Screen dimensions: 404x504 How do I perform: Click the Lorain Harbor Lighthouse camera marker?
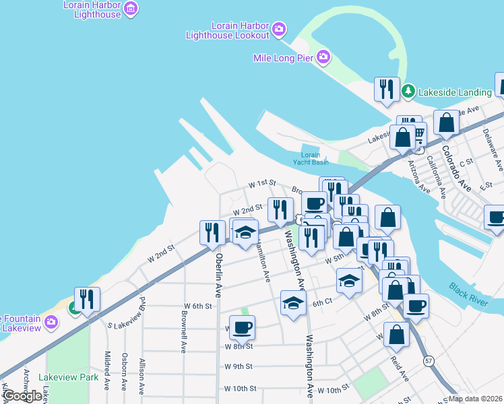[131, 9]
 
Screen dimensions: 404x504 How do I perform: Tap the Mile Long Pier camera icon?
[323, 57]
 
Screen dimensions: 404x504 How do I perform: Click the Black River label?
[469, 295]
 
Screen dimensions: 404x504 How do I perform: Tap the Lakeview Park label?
[69, 377]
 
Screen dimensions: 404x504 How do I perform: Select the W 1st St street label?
[262, 183]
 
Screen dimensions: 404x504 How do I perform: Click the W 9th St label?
[238, 367]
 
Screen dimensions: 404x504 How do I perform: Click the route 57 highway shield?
[429, 362]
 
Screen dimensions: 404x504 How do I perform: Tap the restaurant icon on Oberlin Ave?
[212, 232]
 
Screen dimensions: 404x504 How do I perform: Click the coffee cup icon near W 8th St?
[242, 327]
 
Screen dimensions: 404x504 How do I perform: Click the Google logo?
[22, 396]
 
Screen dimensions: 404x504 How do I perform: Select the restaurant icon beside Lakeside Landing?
[386, 89]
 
